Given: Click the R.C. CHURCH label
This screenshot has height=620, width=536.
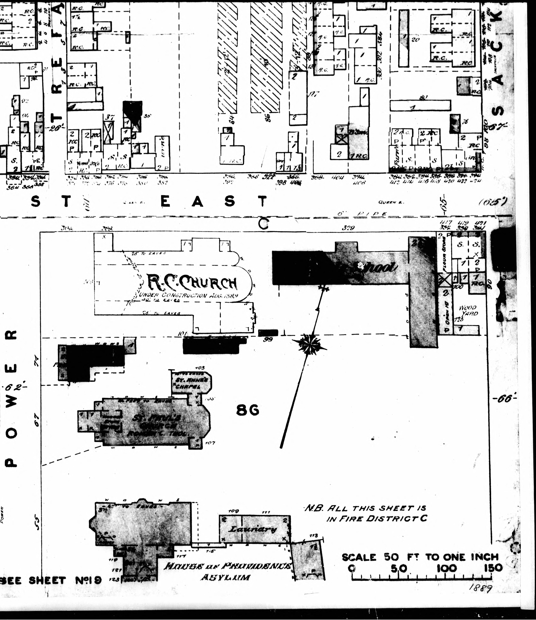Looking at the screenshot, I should [x=192, y=283].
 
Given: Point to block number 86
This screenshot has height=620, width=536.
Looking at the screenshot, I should [x=247, y=411].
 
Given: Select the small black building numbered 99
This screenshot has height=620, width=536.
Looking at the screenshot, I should [x=268, y=333].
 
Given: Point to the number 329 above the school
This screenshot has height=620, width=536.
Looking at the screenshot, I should [x=348, y=228].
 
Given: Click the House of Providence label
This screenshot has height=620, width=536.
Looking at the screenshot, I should [x=228, y=566].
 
